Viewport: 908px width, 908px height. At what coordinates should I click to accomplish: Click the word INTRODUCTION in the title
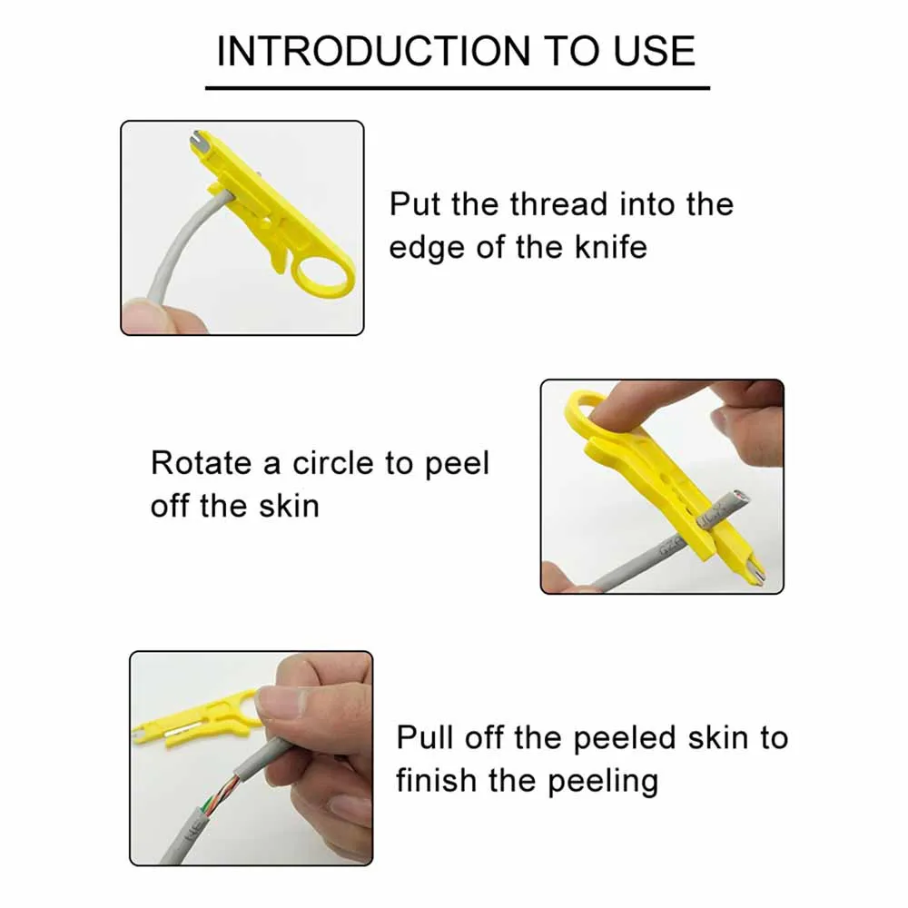point(372,52)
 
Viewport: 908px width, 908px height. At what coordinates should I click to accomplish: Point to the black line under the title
point(457,87)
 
